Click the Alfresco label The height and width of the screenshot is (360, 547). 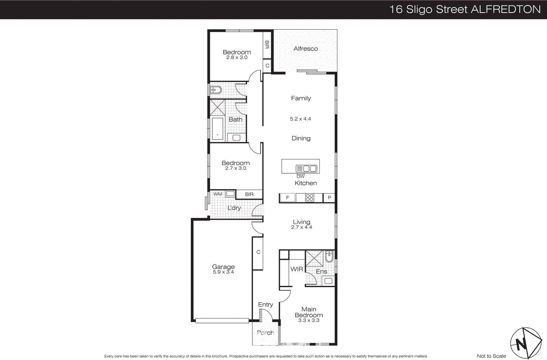click(306, 49)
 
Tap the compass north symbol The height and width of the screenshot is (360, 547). click(526, 343)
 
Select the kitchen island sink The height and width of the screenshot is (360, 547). click(306, 168)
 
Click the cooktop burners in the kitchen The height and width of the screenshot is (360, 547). click(309, 198)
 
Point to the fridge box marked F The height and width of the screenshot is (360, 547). click(288, 198)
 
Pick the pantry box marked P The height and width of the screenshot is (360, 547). click(329, 198)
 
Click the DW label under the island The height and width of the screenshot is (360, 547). click(301, 176)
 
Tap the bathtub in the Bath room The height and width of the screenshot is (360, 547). click(217, 129)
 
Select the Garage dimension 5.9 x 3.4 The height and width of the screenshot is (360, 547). click(223, 272)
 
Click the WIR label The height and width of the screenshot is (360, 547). click(297, 269)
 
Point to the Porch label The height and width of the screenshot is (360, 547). click(265, 333)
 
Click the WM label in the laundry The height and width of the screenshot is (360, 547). click(218, 194)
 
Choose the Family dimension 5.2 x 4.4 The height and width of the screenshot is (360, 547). click(301, 119)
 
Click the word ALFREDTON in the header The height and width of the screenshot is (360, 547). click(506, 9)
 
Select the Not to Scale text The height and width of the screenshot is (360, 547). click(491, 356)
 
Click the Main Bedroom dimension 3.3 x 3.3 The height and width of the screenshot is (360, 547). click(309, 320)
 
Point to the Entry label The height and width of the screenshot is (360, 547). click(266, 304)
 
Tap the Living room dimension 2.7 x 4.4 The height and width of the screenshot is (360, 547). click(302, 227)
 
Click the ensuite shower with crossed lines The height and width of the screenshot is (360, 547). click(314, 258)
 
